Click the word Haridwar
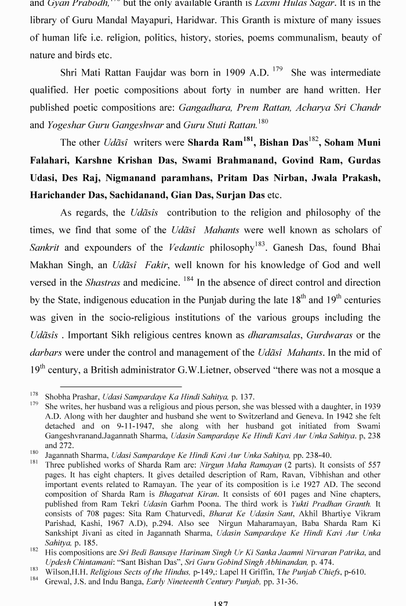point(231,20)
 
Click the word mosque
point(354,370)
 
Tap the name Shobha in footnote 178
point(58,397)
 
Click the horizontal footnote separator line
point(121,386)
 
